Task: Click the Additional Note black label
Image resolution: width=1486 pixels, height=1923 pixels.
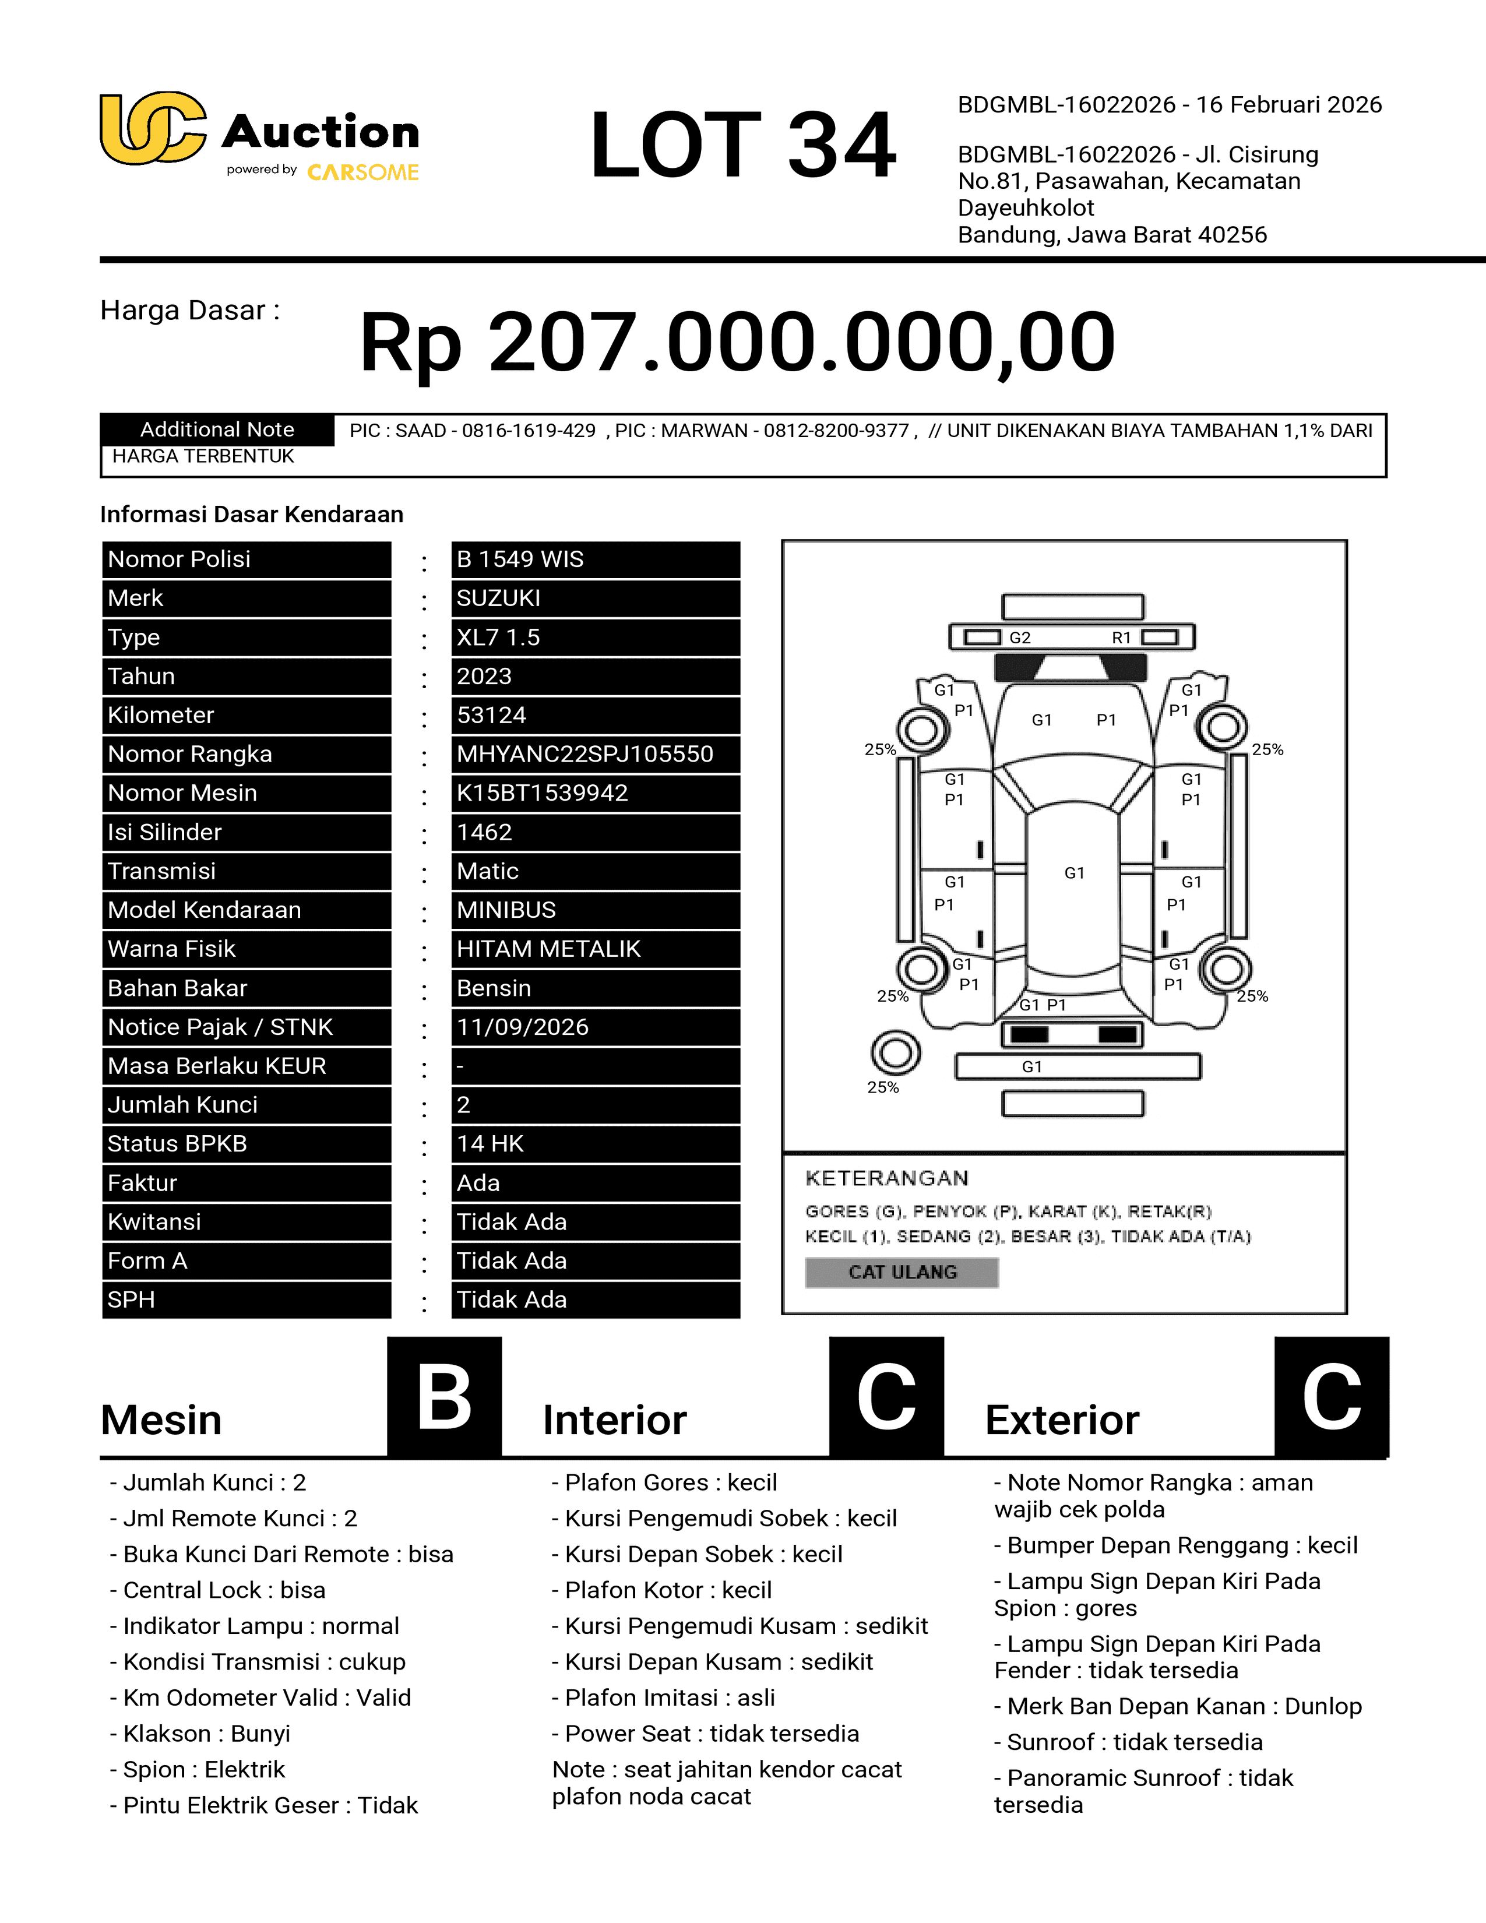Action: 217,429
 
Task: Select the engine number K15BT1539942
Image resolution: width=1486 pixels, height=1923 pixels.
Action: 543,793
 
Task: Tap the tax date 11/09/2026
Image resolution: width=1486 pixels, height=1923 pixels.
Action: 523,1027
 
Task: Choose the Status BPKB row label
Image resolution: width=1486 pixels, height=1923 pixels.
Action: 177,1144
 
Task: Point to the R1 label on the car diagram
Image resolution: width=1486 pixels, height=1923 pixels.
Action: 1121,638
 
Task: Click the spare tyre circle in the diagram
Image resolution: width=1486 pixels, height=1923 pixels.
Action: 895,1052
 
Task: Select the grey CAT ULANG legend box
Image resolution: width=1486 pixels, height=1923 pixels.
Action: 902,1272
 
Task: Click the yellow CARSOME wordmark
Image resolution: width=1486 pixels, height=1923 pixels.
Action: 362,172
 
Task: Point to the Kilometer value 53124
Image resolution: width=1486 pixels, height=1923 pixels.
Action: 491,716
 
